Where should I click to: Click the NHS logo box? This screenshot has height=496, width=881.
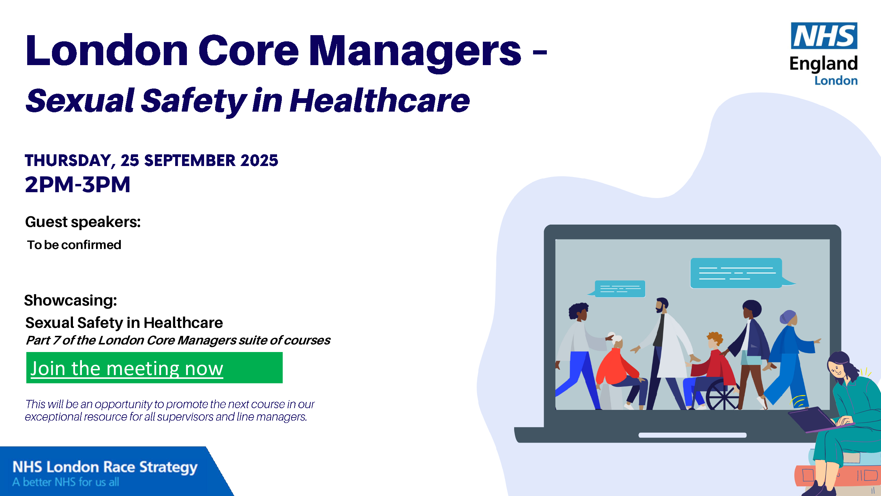824,36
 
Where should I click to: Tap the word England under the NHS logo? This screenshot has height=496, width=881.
824,64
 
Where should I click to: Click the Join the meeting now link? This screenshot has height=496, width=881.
127,369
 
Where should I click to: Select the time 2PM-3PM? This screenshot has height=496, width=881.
78,184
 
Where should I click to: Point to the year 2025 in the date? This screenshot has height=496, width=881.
259,161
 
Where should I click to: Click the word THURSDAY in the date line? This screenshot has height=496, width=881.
68,161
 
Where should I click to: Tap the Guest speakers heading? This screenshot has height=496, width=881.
83,222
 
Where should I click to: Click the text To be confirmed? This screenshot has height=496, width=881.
74,245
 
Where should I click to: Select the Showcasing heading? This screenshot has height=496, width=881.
71,300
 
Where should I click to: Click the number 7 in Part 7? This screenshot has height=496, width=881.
56,340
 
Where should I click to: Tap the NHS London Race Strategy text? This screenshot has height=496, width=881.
105,467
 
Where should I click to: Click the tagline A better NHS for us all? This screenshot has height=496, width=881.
66,482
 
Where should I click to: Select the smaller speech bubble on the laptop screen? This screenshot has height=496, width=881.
618,289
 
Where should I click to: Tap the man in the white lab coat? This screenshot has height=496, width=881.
664,355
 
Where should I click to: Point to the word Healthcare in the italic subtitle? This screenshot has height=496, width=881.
380,101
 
